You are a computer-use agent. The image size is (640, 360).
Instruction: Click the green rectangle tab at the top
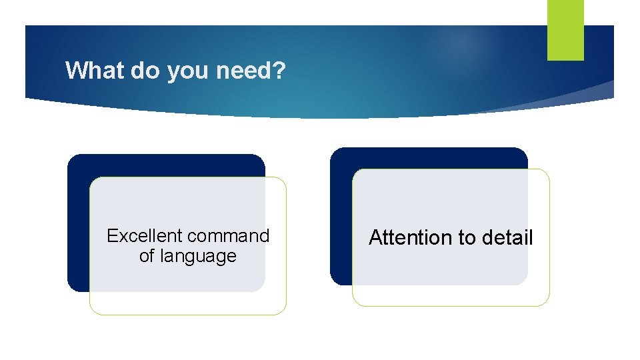tap(565, 29)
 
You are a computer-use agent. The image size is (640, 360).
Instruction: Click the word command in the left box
tap(229, 236)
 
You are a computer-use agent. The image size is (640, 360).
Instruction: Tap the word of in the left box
tap(146, 256)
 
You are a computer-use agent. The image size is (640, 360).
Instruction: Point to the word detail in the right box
tap(510, 238)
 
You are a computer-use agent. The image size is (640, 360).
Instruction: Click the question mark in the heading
tap(279, 70)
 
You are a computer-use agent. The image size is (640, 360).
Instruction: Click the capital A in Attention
tap(375, 238)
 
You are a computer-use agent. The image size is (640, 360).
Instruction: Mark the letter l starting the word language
tap(160, 256)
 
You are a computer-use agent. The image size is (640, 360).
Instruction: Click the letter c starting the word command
tap(192, 237)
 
